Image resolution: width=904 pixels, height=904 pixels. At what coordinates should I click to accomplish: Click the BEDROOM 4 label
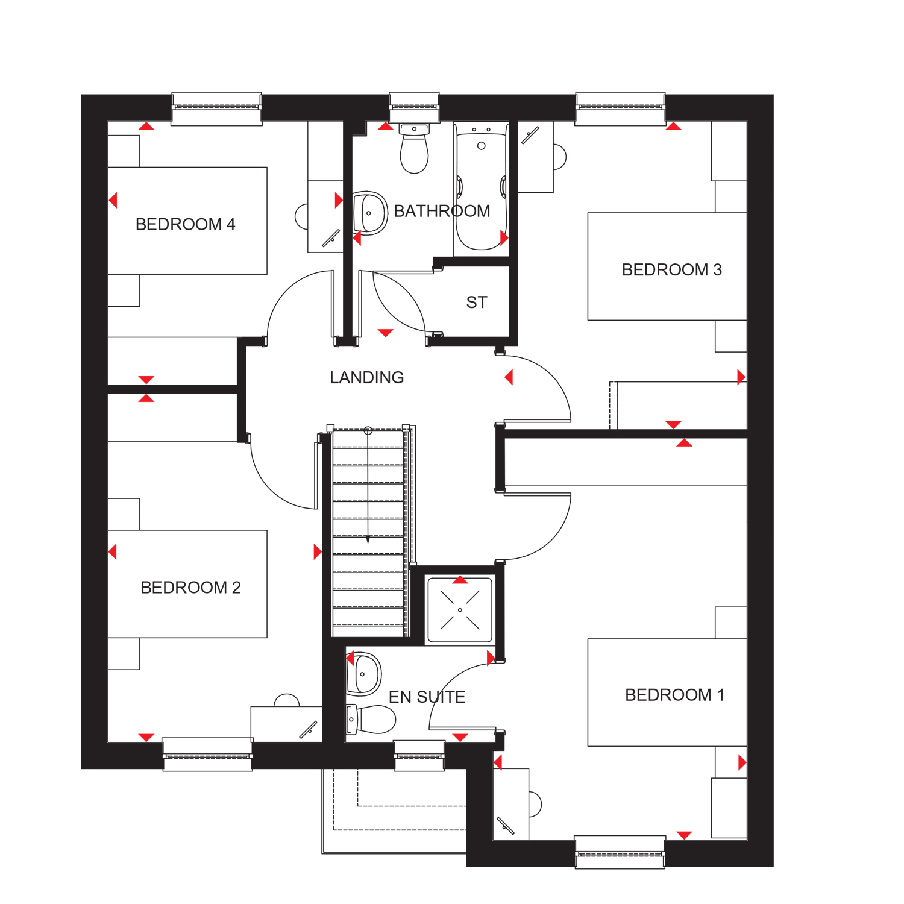[x=185, y=224]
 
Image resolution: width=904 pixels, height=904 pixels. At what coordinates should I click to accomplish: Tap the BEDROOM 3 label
[x=671, y=269]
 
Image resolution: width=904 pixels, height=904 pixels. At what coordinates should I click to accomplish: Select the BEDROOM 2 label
[x=190, y=588]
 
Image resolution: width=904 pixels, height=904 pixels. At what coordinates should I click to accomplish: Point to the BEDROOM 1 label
[x=674, y=695]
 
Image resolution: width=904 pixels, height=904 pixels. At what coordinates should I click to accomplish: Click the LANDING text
[x=366, y=378]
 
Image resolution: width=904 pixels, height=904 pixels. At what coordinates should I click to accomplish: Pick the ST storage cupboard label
[x=476, y=303]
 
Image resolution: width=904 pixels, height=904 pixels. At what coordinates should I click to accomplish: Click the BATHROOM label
[x=442, y=211]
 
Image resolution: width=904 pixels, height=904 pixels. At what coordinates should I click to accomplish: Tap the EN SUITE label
[x=427, y=697]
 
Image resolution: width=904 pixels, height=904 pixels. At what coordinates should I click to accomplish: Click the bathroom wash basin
[x=369, y=213]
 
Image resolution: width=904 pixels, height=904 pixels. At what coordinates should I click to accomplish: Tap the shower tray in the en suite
[x=460, y=610]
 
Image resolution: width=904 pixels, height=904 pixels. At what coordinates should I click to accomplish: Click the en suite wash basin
[x=364, y=674]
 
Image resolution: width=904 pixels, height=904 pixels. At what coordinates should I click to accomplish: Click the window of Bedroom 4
[x=216, y=108]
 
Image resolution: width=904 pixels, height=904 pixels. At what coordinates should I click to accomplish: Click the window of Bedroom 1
[x=620, y=852]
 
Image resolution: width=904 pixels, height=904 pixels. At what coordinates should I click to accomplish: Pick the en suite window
[x=419, y=756]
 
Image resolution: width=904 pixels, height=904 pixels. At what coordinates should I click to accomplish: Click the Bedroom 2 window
[x=207, y=755]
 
